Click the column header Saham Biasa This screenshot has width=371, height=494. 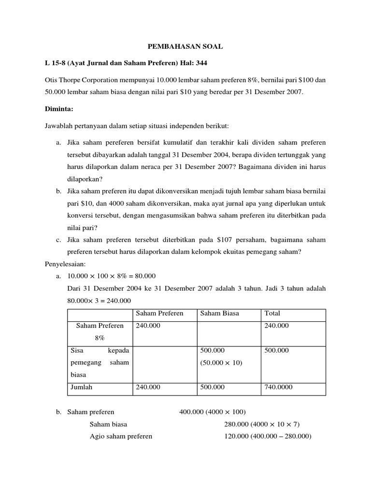tap(219, 313)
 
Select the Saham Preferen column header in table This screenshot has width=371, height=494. tap(159, 313)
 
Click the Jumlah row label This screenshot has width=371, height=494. tap(81, 387)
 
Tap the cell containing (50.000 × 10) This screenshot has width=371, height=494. tap(222, 362)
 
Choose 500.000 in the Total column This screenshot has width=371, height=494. tap(277, 350)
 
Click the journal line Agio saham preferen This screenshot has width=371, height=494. tap(121, 436)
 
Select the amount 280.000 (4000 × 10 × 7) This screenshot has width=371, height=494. tap(262, 424)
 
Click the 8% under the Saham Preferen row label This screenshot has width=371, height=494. tap(100, 338)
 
